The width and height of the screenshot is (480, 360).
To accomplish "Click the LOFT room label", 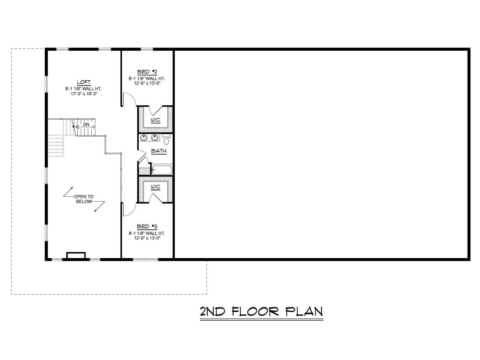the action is coord(84,82).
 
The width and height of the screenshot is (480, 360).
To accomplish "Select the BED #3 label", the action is coord(147,226).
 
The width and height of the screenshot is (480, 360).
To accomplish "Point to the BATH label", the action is coord(159,151).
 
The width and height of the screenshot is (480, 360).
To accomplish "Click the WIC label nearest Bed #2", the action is coord(155,120).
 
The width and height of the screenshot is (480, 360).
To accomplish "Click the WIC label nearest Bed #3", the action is coord(155,187).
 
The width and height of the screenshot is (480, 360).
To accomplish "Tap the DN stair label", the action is coord(86,124).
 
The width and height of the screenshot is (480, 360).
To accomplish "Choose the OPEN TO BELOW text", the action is coord(84,199).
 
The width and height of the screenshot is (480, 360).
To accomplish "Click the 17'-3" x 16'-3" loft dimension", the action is coord(84,94).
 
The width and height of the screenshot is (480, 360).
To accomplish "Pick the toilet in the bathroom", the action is coord(166,139).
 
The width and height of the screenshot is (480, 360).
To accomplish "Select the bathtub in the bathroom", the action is coord(162,170).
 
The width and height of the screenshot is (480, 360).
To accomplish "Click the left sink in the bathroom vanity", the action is coord(144,137).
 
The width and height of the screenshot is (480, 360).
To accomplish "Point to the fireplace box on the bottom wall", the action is coord(76,255).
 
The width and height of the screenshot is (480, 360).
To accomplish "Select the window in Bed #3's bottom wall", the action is coord(145,259).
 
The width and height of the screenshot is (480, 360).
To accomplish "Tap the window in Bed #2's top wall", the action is coord(147,49).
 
